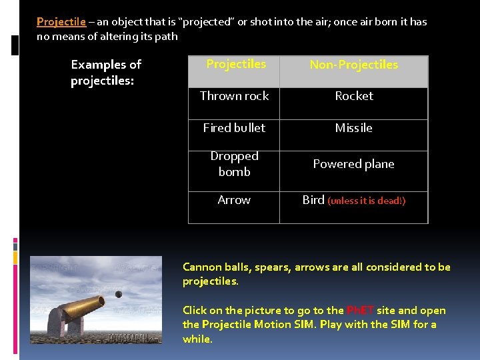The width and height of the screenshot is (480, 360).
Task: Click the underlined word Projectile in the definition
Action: pos(61,22)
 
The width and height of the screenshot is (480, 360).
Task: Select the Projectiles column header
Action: pos(235,64)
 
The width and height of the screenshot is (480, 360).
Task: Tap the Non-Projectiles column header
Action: pos(353,65)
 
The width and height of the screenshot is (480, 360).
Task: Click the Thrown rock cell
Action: pos(234,96)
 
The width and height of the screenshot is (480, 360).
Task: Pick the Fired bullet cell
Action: pos(234,127)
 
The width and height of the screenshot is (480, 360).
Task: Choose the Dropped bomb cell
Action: pos(234,164)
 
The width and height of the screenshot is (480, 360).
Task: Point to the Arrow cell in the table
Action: pos(234,200)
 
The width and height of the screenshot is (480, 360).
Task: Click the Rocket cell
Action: pos(354,96)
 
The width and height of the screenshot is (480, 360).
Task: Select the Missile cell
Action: pos(354,128)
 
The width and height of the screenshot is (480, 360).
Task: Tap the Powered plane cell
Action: pos(354,164)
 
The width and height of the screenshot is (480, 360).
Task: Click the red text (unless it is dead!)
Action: pos(366,201)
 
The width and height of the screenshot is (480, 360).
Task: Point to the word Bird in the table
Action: pos(313,200)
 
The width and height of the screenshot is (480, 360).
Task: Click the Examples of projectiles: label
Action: pos(106,73)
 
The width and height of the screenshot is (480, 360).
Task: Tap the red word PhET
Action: pos(360,311)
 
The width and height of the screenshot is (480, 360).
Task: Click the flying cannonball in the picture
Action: pos(119,294)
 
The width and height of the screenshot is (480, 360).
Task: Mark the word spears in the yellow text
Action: pos(269,267)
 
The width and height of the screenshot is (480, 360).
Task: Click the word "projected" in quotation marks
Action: pos(207,22)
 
